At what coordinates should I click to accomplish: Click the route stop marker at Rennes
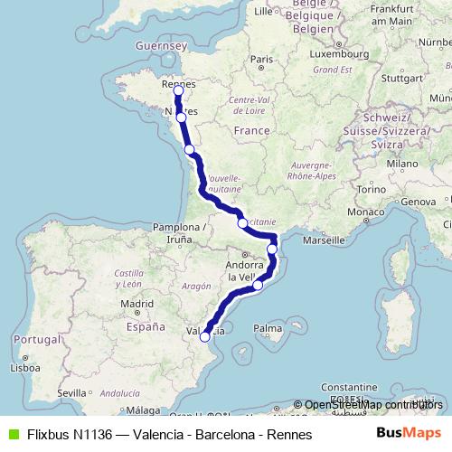(x=178, y=91)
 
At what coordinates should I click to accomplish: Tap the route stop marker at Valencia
(x=205, y=336)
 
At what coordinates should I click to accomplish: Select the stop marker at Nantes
(x=182, y=118)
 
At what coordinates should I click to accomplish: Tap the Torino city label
(x=371, y=189)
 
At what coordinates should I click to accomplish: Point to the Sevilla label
(x=71, y=394)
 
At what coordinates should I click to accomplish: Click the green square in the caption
(x=12, y=434)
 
